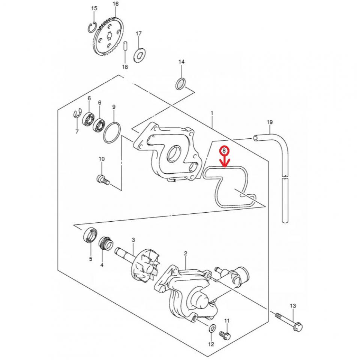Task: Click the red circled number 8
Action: [x=224, y=151]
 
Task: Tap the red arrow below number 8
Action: [x=225, y=162]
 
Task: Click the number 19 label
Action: [x=269, y=122]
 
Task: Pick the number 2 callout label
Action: [x=186, y=254]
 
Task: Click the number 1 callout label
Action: [x=212, y=113]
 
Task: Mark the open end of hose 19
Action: [x=256, y=138]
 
